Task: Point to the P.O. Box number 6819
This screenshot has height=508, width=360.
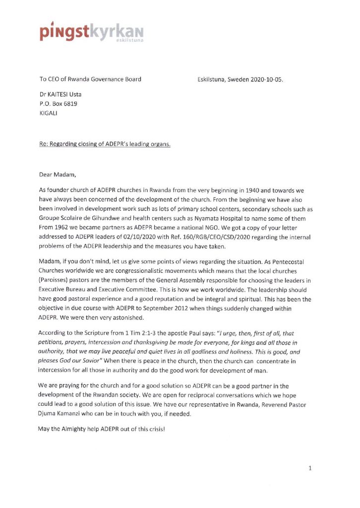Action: point(69,104)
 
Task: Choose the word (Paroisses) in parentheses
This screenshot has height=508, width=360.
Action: point(55,277)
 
